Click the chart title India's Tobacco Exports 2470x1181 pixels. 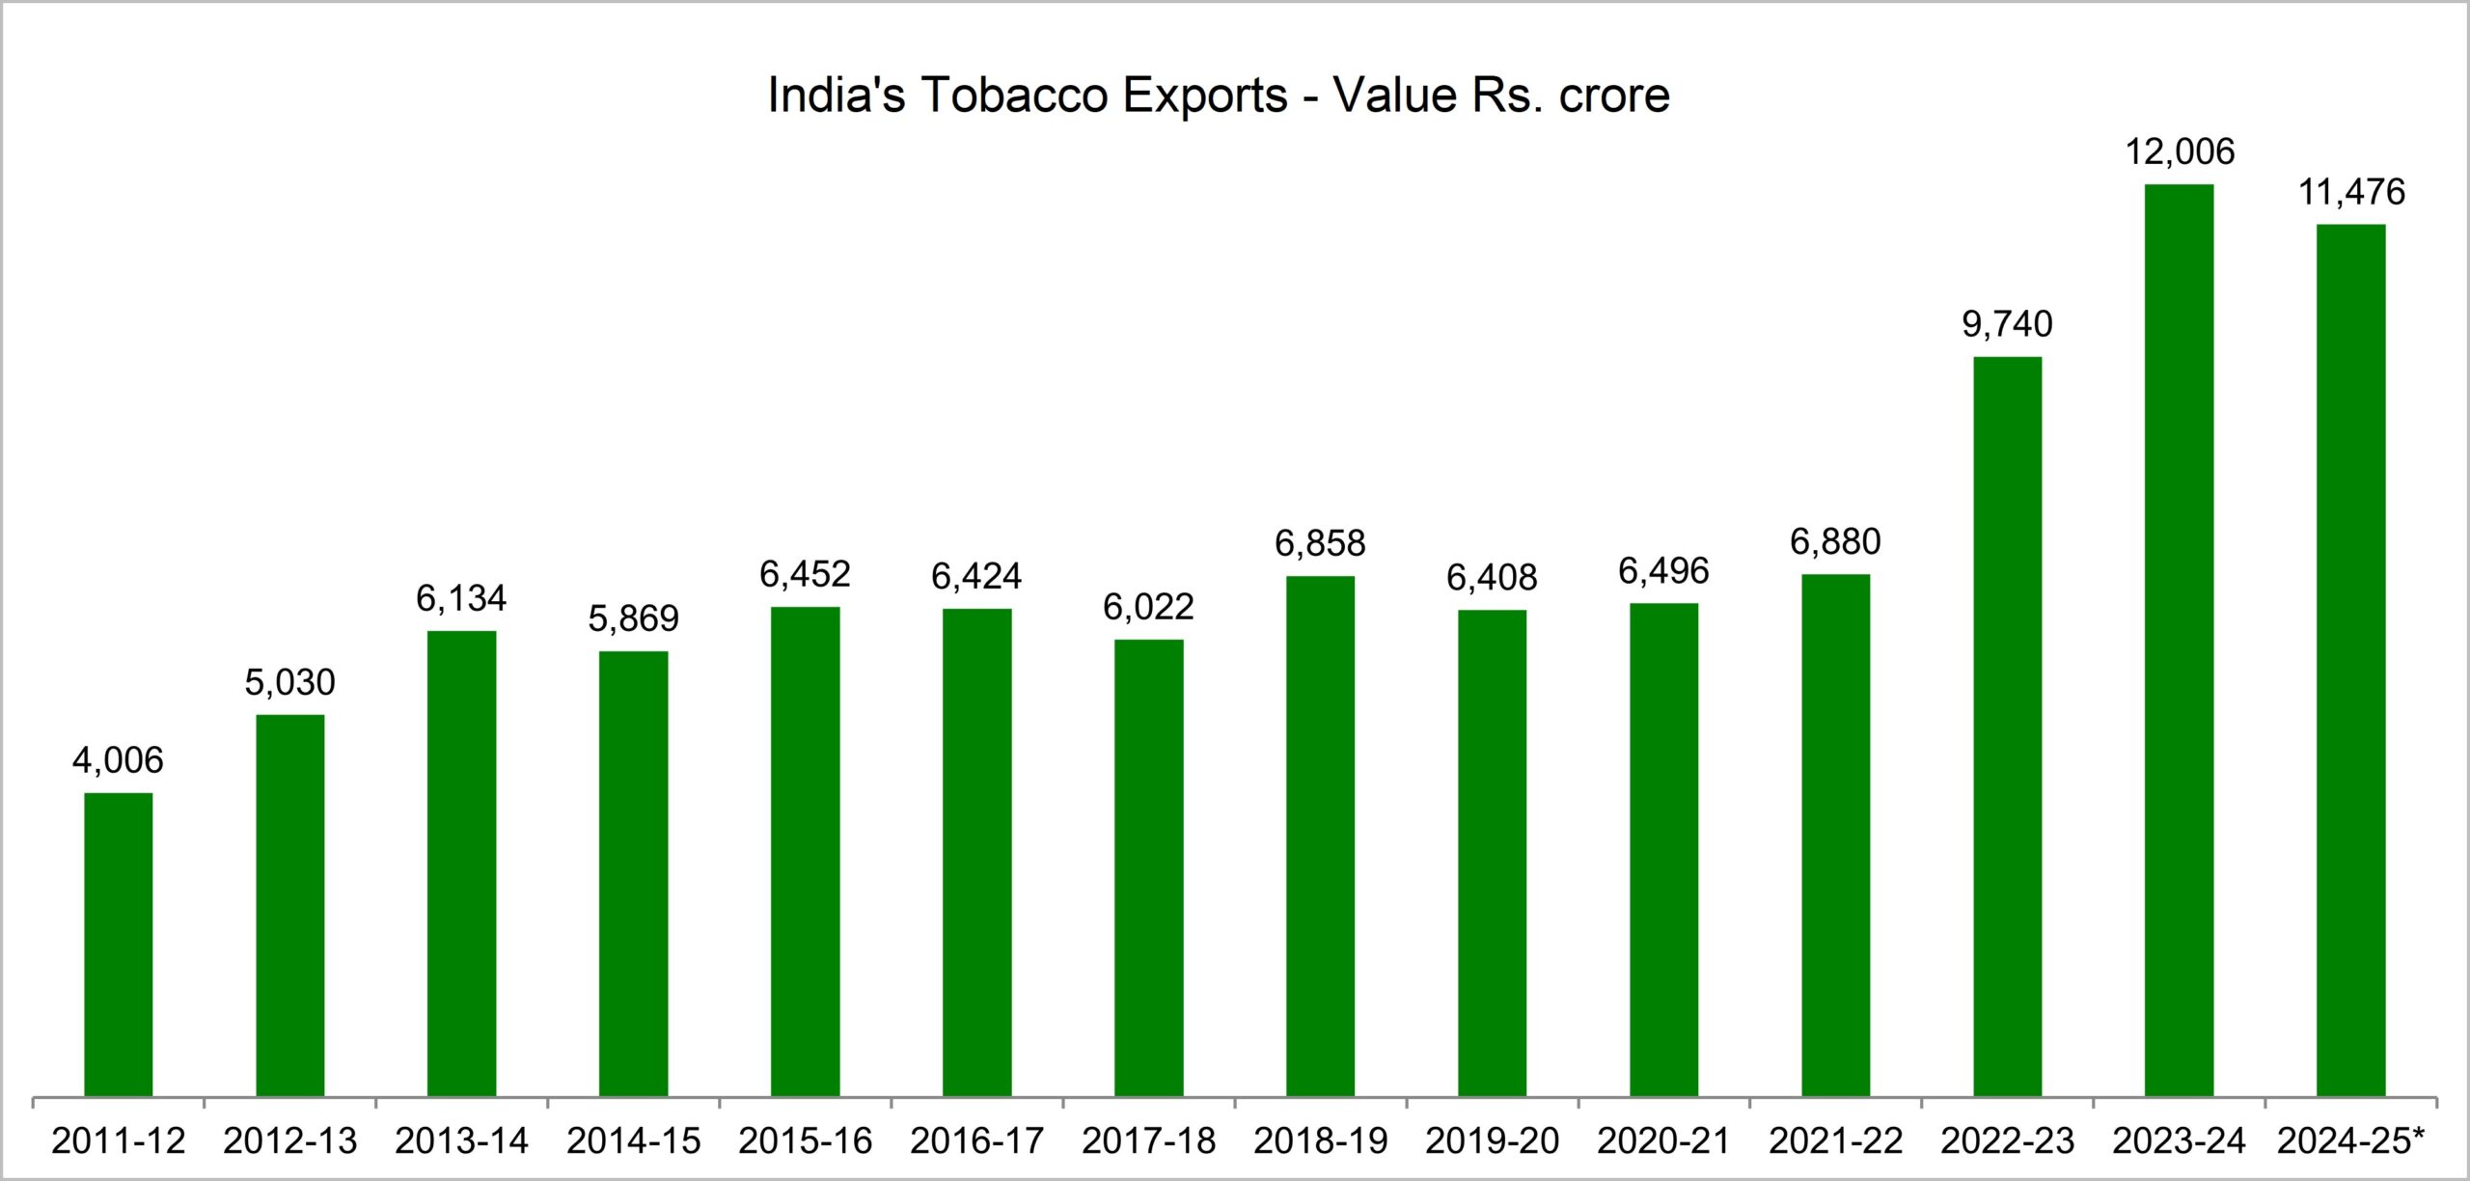tap(1218, 96)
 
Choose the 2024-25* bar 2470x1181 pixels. tap(2350, 660)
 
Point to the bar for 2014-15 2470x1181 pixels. tap(633, 873)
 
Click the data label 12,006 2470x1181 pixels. tap(2180, 151)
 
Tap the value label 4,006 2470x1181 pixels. tap(118, 760)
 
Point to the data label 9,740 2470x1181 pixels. tap(2007, 324)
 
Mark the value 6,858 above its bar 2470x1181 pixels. tap(1320, 544)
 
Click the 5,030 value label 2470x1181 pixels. tap(289, 682)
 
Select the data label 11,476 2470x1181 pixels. tap(2351, 193)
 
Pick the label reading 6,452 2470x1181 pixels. tap(805, 574)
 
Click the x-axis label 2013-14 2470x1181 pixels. tap(461, 1140)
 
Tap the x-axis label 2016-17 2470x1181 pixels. tap(976, 1140)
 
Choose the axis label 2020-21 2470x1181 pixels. tap(1663, 1140)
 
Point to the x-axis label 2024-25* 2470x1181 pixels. tap(2350, 1140)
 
